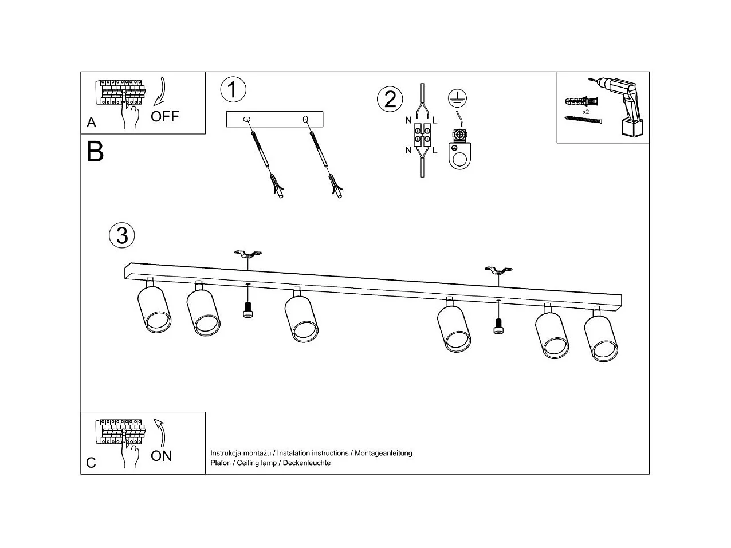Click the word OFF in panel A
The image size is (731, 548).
click(165, 116)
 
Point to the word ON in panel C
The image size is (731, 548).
click(161, 456)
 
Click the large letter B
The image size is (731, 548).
click(95, 151)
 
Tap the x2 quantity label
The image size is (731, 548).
click(586, 112)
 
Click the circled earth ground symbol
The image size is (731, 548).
click(457, 98)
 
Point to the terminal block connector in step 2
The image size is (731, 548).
click(422, 135)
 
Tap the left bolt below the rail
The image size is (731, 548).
click(247, 310)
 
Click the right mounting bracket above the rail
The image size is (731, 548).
click(498, 270)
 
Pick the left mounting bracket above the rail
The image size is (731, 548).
click(248, 255)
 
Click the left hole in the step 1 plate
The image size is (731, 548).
click(247, 119)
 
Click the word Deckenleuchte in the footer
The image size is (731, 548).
click(306, 463)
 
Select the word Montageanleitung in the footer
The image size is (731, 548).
click(383, 453)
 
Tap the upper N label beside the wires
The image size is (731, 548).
click(408, 120)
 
